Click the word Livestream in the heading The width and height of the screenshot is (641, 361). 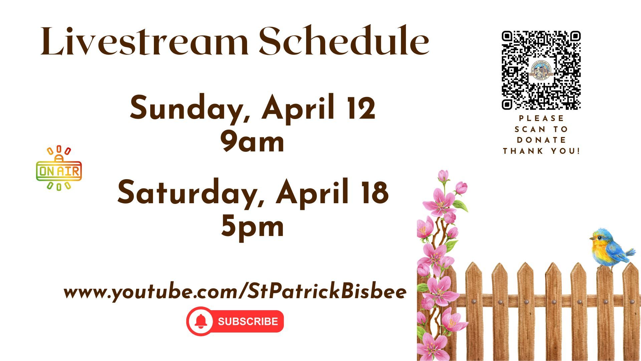click(x=144, y=41)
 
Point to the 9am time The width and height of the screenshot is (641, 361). click(x=252, y=142)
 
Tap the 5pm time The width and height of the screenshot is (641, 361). click(x=252, y=227)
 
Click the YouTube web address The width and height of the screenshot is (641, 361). click(x=235, y=292)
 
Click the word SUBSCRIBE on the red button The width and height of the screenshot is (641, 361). click(x=248, y=322)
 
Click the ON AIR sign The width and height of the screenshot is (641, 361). click(x=59, y=168)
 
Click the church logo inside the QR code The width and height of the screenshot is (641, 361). click(x=541, y=70)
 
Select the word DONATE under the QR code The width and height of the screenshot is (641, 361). click(x=542, y=140)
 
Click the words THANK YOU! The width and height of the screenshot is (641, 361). click(x=542, y=151)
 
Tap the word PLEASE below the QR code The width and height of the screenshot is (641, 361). click(x=542, y=118)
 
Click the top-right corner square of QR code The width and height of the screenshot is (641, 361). click(x=575, y=36)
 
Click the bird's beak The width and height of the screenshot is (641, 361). click(x=592, y=239)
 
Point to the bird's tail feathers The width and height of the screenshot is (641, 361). click(x=630, y=252)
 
